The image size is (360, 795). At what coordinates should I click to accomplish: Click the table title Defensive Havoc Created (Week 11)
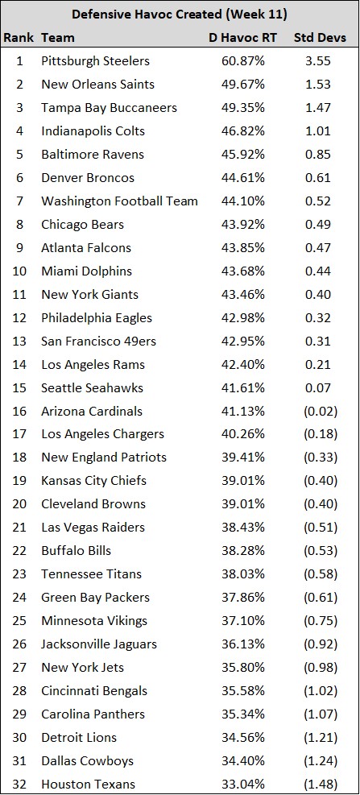pyautogui.click(x=180, y=14)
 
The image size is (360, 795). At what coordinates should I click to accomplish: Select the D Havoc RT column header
pyautogui.click(x=243, y=38)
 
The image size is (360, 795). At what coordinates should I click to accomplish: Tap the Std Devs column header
pyautogui.click(x=320, y=38)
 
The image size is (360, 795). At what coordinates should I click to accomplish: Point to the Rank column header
pyautogui.click(x=19, y=38)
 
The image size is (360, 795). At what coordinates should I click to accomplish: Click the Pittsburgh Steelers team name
pyautogui.click(x=95, y=61)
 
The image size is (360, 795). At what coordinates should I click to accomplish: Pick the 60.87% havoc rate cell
pyautogui.click(x=243, y=61)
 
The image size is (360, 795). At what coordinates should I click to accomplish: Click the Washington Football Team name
pyautogui.click(x=120, y=201)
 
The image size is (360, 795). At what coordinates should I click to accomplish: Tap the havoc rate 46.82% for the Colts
pyautogui.click(x=243, y=131)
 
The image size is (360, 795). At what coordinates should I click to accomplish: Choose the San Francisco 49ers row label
pyautogui.click(x=99, y=342)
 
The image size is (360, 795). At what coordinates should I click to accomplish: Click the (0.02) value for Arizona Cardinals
pyautogui.click(x=321, y=411)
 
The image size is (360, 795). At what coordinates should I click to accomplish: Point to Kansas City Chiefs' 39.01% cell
pyautogui.click(x=243, y=481)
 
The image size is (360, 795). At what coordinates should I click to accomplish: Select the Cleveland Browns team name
pyautogui.click(x=93, y=504)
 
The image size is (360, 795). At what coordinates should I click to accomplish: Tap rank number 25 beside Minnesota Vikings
pyautogui.click(x=19, y=620)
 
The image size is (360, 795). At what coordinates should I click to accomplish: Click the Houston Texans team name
pyautogui.click(x=89, y=784)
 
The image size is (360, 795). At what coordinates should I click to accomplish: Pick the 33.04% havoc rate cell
pyautogui.click(x=243, y=784)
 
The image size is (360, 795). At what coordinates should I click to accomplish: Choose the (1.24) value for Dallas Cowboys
pyautogui.click(x=321, y=761)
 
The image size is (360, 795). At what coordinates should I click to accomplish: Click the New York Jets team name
pyautogui.click(x=83, y=667)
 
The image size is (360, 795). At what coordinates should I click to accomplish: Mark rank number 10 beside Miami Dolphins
pyautogui.click(x=19, y=271)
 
